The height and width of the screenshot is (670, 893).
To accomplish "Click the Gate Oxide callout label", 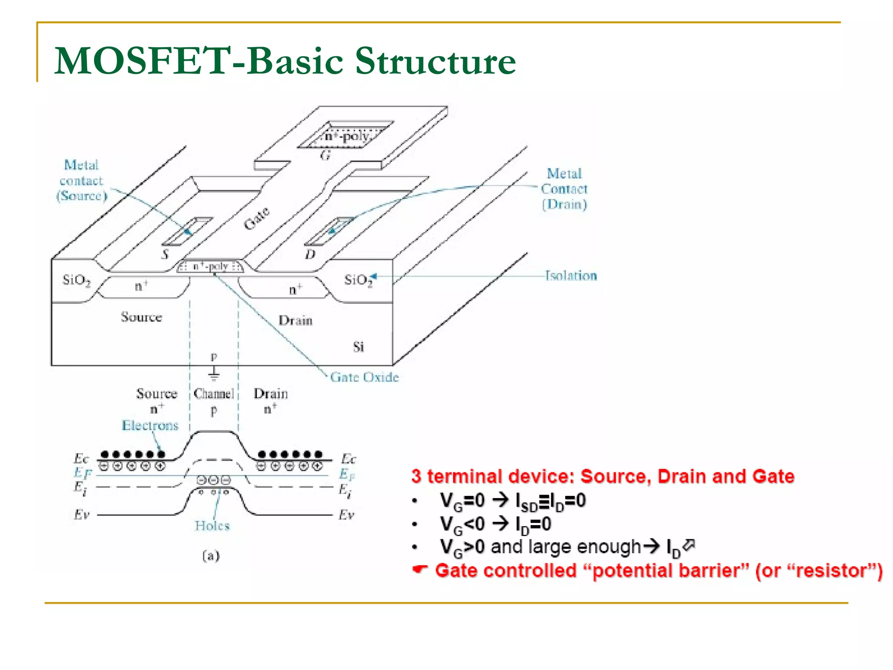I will pos(364,377).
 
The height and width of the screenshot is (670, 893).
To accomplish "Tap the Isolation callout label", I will pos(571,276).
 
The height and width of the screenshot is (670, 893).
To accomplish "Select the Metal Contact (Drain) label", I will pos(564,189).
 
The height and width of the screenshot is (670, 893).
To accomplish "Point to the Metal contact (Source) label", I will pos(82,181).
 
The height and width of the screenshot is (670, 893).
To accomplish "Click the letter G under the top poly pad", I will pos(325,155).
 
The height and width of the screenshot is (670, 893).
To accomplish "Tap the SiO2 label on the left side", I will pos(76,280).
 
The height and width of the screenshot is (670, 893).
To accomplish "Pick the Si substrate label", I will pos(358,347).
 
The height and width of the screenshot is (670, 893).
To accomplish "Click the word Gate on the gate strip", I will pos(256,218).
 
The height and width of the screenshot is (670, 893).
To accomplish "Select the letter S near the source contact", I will pos(165,254).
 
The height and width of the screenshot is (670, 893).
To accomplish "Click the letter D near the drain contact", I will pos(310,254).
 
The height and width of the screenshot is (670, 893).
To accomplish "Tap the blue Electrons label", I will pos(150,425).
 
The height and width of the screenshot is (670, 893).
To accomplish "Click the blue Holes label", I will pos(212,526).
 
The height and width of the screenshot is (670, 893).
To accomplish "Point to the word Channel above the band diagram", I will pos(214,394).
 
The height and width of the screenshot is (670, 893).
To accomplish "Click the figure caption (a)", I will pos(211,556).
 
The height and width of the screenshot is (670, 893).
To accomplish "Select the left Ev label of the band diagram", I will pos(82,515).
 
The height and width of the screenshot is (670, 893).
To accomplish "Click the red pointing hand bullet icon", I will pos(419,570).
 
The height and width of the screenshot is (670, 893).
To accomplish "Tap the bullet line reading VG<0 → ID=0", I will pos(495,524).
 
